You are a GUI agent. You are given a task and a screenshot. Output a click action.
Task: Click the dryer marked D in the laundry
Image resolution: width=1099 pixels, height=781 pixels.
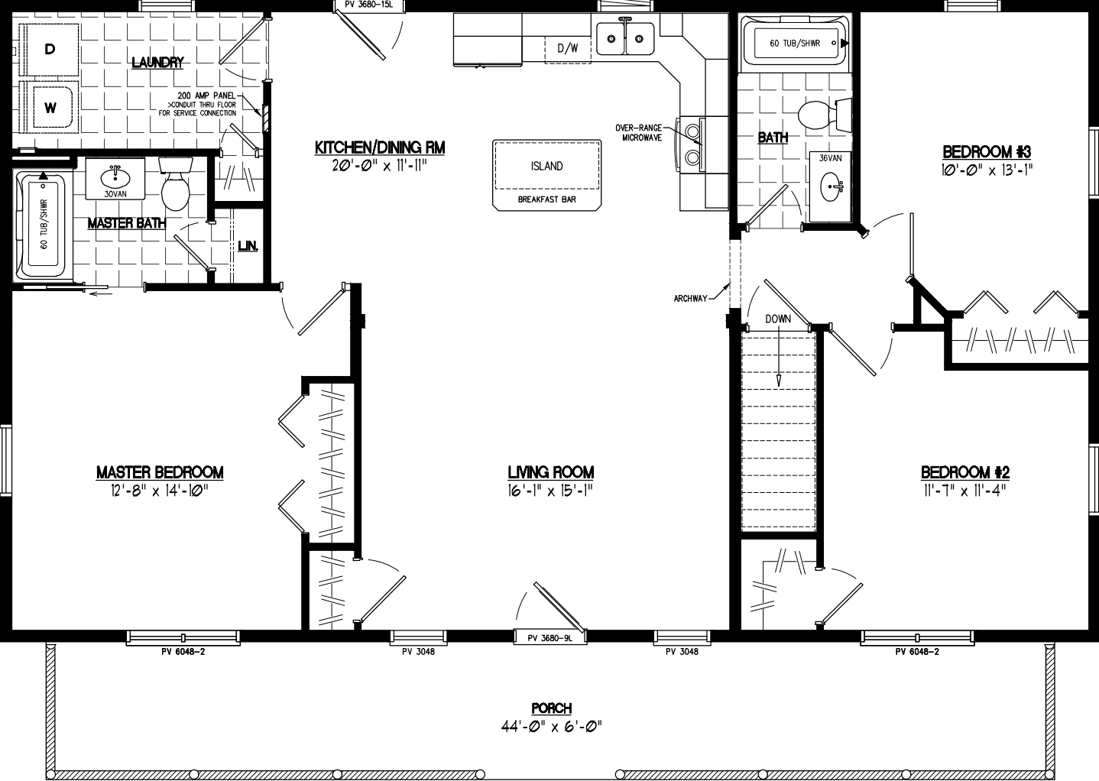(x=50, y=50)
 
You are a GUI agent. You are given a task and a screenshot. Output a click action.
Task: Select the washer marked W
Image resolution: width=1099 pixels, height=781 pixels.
(x=50, y=108)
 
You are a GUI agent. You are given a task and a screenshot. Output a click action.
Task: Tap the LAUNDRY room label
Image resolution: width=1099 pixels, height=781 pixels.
(x=157, y=63)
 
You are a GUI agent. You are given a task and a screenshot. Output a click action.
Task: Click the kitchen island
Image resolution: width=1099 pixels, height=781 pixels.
(x=546, y=167)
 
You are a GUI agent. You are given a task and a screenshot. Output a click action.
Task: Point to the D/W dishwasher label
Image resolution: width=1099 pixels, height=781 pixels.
(x=567, y=49)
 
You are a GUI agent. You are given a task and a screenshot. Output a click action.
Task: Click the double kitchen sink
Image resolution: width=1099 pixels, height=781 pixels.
(x=625, y=38)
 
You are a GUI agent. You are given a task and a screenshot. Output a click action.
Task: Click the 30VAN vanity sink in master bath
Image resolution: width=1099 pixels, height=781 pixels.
(x=115, y=177)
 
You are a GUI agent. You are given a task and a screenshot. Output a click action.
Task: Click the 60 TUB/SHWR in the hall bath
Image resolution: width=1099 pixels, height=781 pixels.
(x=794, y=44)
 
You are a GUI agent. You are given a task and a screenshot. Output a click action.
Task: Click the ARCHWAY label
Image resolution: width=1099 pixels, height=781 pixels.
(x=690, y=299)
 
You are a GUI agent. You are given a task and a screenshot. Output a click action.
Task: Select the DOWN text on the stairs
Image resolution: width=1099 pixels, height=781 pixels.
(x=778, y=319)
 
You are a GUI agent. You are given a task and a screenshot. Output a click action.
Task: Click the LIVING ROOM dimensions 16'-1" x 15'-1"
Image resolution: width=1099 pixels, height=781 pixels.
(x=550, y=491)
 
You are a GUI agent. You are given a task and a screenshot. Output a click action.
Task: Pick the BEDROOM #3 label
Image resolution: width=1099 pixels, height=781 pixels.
(x=986, y=151)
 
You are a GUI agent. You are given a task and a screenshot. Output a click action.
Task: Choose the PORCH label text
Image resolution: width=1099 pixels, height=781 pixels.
(x=551, y=708)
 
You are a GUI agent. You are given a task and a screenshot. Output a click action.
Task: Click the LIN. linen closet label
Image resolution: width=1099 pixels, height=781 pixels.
(x=248, y=246)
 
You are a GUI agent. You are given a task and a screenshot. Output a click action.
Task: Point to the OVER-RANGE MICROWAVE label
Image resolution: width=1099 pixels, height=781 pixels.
(x=640, y=132)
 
